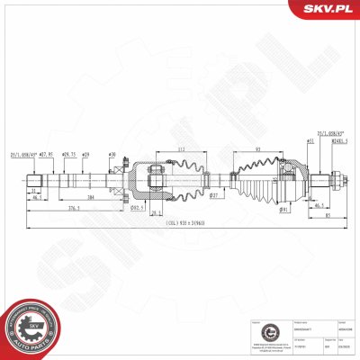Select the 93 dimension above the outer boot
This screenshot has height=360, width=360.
(x=258, y=150)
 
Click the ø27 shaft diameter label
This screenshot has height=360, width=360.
(x=214, y=194)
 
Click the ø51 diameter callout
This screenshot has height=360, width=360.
(x=310, y=140)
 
